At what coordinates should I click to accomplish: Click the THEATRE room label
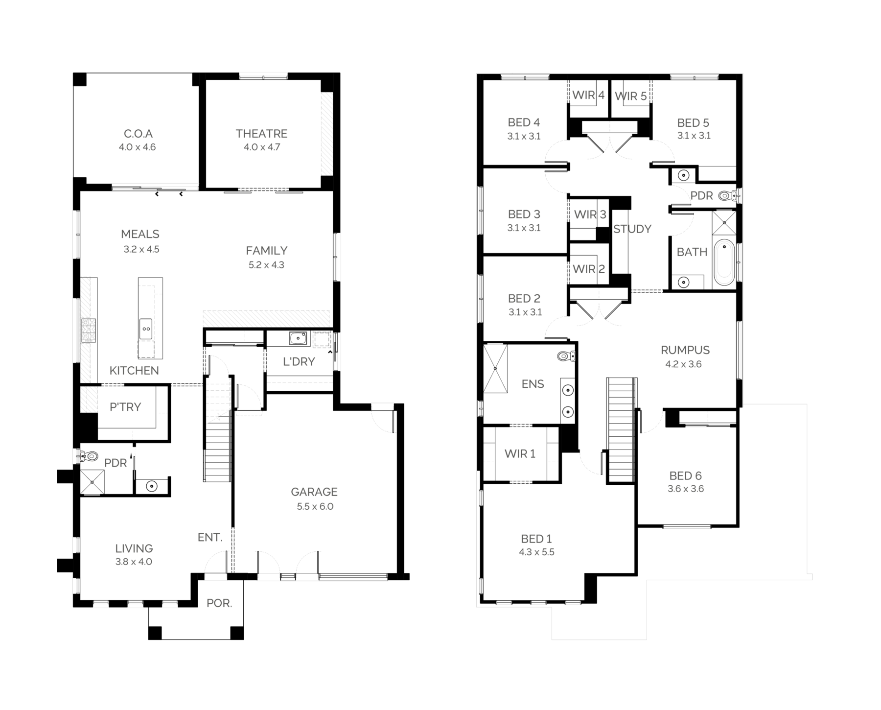click(261, 134)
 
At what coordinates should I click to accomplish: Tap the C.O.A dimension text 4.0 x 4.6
click(137, 147)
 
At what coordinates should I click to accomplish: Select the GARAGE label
click(314, 492)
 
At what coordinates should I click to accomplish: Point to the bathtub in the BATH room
click(724, 262)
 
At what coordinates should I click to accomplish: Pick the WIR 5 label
click(631, 96)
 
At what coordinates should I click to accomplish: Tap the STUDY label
click(632, 229)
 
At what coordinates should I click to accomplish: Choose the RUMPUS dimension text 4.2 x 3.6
click(684, 364)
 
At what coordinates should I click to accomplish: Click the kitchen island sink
click(146, 325)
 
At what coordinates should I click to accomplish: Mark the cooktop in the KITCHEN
click(89, 330)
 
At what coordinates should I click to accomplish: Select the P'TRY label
click(125, 407)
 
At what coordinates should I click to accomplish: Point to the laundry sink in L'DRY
click(297, 338)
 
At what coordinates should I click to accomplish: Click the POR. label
click(219, 603)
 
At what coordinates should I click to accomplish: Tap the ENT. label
click(210, 537)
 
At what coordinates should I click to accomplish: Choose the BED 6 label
click(686, 475)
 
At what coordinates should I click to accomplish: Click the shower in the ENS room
click(495, 369)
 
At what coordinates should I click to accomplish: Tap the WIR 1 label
click(520, 454)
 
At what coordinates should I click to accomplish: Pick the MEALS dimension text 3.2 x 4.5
click(141, 249)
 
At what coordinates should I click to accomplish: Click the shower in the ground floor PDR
click(93, 482)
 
